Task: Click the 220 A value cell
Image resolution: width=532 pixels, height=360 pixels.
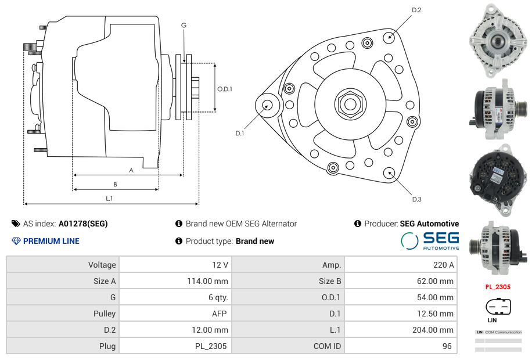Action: coord(444,265)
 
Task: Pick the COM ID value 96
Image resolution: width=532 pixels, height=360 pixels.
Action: coord(448,346)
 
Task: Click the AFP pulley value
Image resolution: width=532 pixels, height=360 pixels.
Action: coord(219,314)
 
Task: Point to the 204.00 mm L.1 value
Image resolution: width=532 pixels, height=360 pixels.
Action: coord(431,330)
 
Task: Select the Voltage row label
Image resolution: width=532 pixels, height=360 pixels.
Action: coord(102,265)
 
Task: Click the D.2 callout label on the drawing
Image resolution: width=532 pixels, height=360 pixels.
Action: coord(416,10)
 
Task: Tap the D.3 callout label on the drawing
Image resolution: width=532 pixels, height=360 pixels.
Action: coord(416,199)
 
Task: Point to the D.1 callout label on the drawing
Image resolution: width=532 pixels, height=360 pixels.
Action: coord(239,133)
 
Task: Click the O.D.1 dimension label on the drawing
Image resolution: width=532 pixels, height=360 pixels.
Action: coord(225,89)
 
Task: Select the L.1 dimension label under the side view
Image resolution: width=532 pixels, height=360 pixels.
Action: coord(109,199)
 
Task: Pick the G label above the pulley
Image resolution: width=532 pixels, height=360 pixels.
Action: coord(184,25)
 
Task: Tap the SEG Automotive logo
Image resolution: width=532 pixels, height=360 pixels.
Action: coord(430,240)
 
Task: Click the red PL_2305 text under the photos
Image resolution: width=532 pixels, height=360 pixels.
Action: coord(498,287)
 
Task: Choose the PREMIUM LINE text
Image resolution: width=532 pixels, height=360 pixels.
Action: coord(51,241)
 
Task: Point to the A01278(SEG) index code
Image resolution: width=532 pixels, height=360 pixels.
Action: coord(83,224)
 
